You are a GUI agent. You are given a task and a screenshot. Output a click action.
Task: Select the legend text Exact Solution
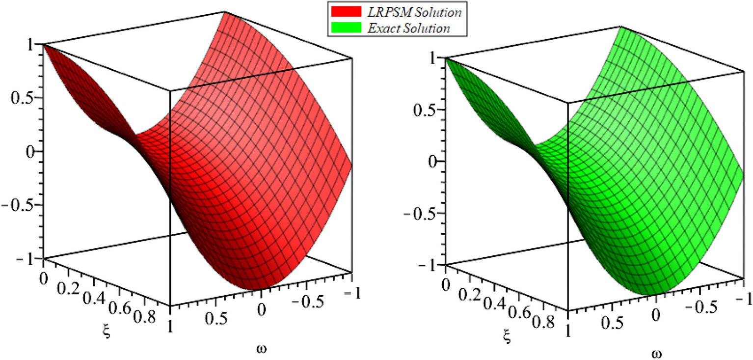click(x=408, y=28)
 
